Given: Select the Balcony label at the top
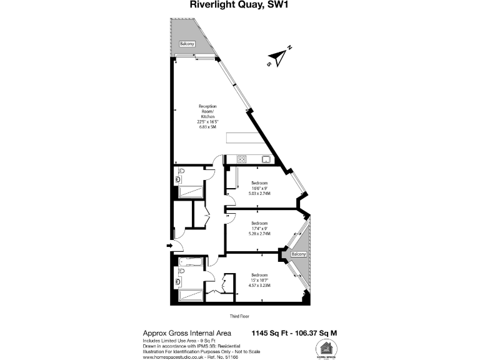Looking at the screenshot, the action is tap(187, 44).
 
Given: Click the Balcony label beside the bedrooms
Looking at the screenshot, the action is tap(299, 254).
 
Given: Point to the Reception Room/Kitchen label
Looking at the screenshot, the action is tap(207, 116).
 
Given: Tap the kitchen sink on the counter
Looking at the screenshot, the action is tap(266, 159).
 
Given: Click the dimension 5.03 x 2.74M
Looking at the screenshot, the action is tap(260, 194).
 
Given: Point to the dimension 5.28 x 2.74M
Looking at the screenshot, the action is tap(260, 233).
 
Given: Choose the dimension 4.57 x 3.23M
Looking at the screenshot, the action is tap(260, 284).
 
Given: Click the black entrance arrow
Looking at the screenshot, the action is tap(169, 246).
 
